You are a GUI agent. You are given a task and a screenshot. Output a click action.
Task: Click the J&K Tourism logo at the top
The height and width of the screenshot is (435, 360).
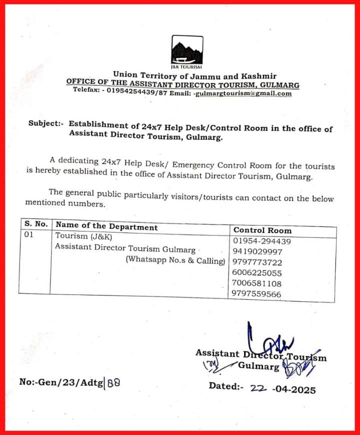tap(186, 52)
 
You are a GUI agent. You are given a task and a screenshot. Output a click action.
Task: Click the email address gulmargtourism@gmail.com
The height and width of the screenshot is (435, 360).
tap(243, 93)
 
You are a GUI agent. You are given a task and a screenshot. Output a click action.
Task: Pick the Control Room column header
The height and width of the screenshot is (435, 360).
tap(262, 230)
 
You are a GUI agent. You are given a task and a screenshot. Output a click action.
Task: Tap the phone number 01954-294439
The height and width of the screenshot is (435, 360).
tap(262, 241)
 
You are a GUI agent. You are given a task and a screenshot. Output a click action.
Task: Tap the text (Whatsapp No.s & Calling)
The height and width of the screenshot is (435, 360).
tap(175, 260)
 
